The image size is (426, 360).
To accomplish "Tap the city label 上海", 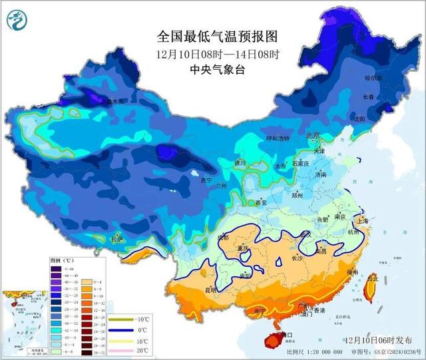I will click(363, 221).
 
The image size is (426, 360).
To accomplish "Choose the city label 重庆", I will click(242, 249).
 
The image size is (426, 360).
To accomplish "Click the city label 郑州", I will click(297, 196).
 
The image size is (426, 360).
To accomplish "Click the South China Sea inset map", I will click(23, 320).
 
